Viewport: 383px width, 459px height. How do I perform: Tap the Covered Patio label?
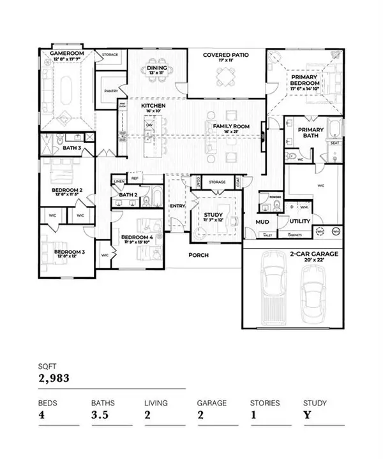pyautogui.click(x=225, y=55)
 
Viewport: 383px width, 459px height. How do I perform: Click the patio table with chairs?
pyautogui.click(x=225, y=79)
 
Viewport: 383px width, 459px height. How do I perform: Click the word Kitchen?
pyautogui.click(x=153, y=105)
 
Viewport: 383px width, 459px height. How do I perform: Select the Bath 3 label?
pyautogui.click(x=71, y=149)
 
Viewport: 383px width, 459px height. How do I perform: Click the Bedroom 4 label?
pyautogui.click(x=137, y=237)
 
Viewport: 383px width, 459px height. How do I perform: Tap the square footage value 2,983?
pyautogui.click(x=54, y=379)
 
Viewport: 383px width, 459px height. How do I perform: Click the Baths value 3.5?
pyautogui.click(x=100, y=417)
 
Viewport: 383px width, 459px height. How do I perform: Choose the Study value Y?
pyautogui.click(x=306, y=417)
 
